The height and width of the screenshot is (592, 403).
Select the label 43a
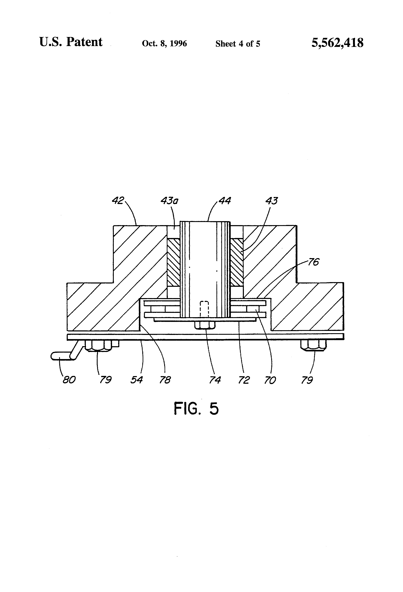pyautogui.click(x=169, y=201)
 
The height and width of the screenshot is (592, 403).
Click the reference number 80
pyautogui.click(x=69, y=380)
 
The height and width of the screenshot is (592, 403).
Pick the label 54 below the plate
pyautogui.click(x=137, y=380)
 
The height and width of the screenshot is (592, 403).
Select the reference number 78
pyautogui.click(x=165, y=380)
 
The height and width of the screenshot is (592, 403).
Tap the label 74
pyautogui.click(x=215, y=380)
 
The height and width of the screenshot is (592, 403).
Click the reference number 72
pyautogui.click(x=244, y=380)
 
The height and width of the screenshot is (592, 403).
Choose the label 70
pyautogui.click(x=270, y=380)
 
